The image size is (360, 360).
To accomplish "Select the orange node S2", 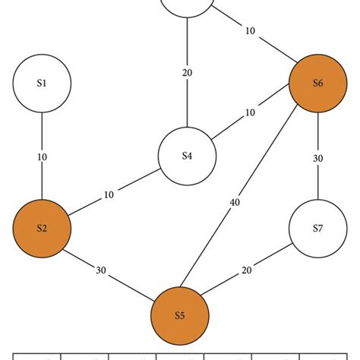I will (42, 227).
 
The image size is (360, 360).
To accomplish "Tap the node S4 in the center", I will (187, 156).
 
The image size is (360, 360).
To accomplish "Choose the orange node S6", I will (317, 84).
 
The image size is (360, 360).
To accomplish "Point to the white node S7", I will (317, 227).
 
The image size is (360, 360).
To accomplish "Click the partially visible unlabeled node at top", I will (187, 6).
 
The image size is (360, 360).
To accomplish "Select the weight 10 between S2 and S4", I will (109, 194).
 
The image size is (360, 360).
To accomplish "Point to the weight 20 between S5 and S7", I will (247, 271).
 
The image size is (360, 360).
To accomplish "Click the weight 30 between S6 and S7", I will (318, 158).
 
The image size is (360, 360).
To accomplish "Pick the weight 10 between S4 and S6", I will (249, 113).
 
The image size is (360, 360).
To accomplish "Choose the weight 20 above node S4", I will (187, 73).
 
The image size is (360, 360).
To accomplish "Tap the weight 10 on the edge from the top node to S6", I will (250, 31).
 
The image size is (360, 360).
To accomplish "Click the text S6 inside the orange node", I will (317, 84).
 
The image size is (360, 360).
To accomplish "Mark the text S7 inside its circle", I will (317, 227).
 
